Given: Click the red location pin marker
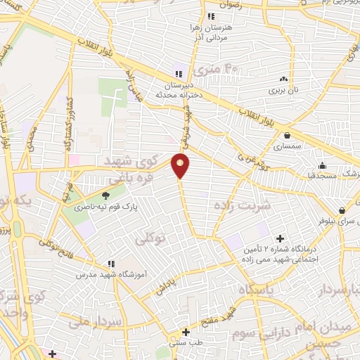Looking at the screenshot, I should pos(181,166).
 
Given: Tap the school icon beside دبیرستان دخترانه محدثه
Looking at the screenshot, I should pos(178,74).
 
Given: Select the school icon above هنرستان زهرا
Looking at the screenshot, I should pos(210,16).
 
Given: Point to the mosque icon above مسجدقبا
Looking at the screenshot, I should pos(321,166).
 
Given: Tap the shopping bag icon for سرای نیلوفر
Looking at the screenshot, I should pos(342,210).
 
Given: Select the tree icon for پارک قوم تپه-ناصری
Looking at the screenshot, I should pos(106,195).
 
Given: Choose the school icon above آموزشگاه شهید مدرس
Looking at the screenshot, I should pos(109,263).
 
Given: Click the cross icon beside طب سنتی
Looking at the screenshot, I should pos(186,332).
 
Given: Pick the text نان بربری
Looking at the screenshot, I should pos(285,91).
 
